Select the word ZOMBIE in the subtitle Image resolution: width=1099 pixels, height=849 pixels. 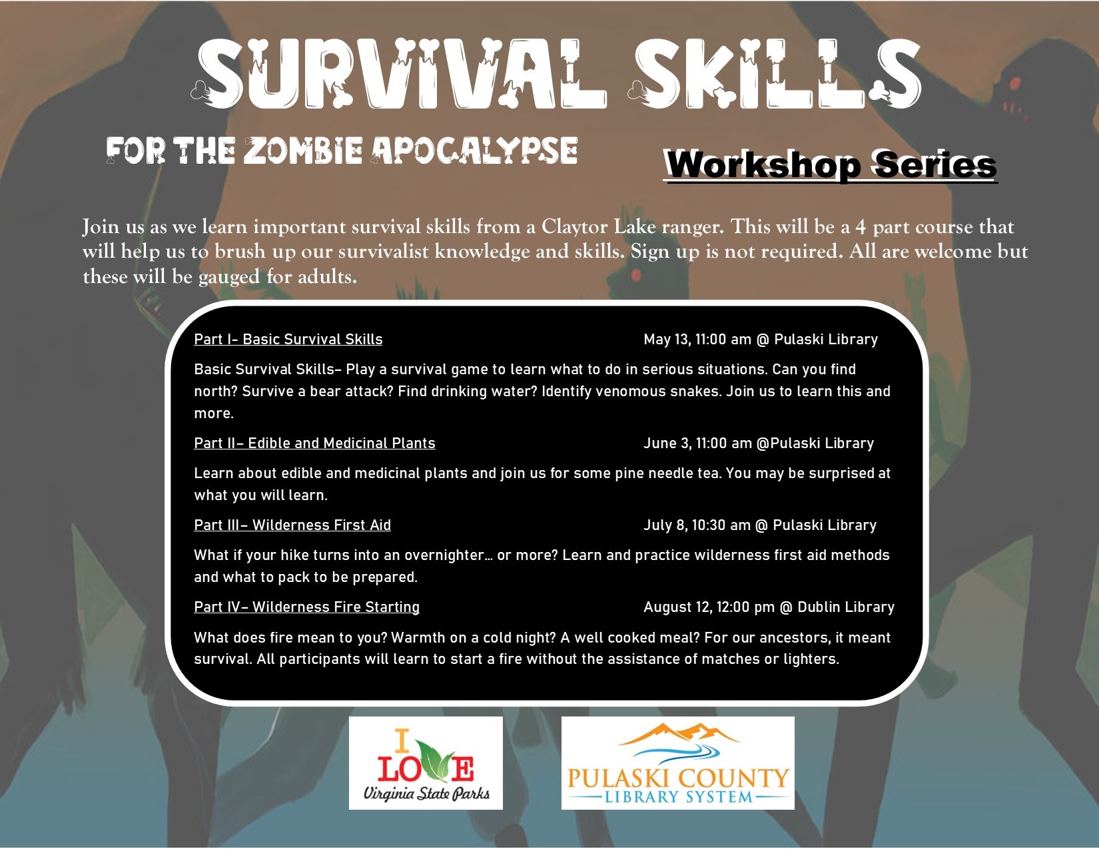click(x=303, y=150)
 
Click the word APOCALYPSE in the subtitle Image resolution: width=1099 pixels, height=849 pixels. click(x=474, y=150)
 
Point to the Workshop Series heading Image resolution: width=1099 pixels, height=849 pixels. click(x=830, y=164)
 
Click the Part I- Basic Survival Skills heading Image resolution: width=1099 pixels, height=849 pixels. click(x=288, y=340)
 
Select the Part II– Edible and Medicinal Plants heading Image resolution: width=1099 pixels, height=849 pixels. click(x=314, y=443)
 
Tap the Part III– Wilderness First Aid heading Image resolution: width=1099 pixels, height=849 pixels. click(x=292, y=525)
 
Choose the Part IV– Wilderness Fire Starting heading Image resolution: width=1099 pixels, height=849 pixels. click(x=306, y=607)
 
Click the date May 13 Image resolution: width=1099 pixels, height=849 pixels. click(x=667, y=340)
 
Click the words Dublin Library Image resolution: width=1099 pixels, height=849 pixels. click(x=846, y=607)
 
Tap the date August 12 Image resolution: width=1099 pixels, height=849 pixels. click(x=677, y=607)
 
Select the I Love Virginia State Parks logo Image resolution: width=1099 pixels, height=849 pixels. click(x=426, y=763)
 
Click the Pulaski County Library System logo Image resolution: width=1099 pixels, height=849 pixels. click(x=677, y=763)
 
